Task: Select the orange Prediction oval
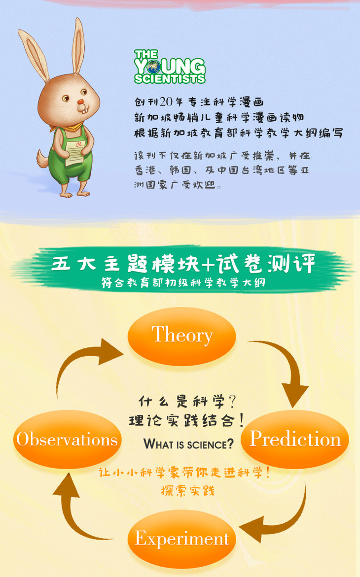295,439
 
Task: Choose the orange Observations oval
67,439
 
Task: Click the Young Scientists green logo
170,67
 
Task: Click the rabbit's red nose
80,102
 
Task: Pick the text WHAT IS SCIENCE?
189,444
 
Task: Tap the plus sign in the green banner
208,264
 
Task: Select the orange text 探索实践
187,490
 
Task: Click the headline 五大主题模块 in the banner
125,264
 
